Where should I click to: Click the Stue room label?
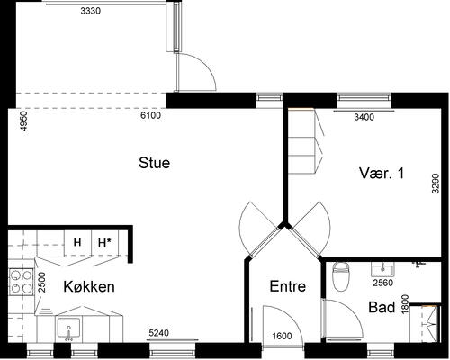point(154,163)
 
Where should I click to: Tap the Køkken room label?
point(89,286)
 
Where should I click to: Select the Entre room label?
point(288,286)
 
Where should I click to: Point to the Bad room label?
point(382,307)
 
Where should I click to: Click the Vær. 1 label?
point(382,174)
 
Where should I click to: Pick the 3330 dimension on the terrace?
point(91,11)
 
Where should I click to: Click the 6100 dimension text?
point(150,115)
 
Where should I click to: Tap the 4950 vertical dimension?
point(23,121)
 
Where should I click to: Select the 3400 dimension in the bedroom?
point(364,117)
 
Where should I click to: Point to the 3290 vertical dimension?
point(436,184)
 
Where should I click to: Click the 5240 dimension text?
point(159,333)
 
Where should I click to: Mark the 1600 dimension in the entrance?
point(282,336)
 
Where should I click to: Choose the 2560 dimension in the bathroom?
point(382,283)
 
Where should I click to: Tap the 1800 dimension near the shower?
point(405,304)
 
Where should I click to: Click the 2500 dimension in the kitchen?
point(42,282)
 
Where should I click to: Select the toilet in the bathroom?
point(341,276)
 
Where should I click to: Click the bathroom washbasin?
point(382,269)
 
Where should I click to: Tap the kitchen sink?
point(69,329)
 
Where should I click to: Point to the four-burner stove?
point(21,282)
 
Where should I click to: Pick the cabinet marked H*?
point(104,243)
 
